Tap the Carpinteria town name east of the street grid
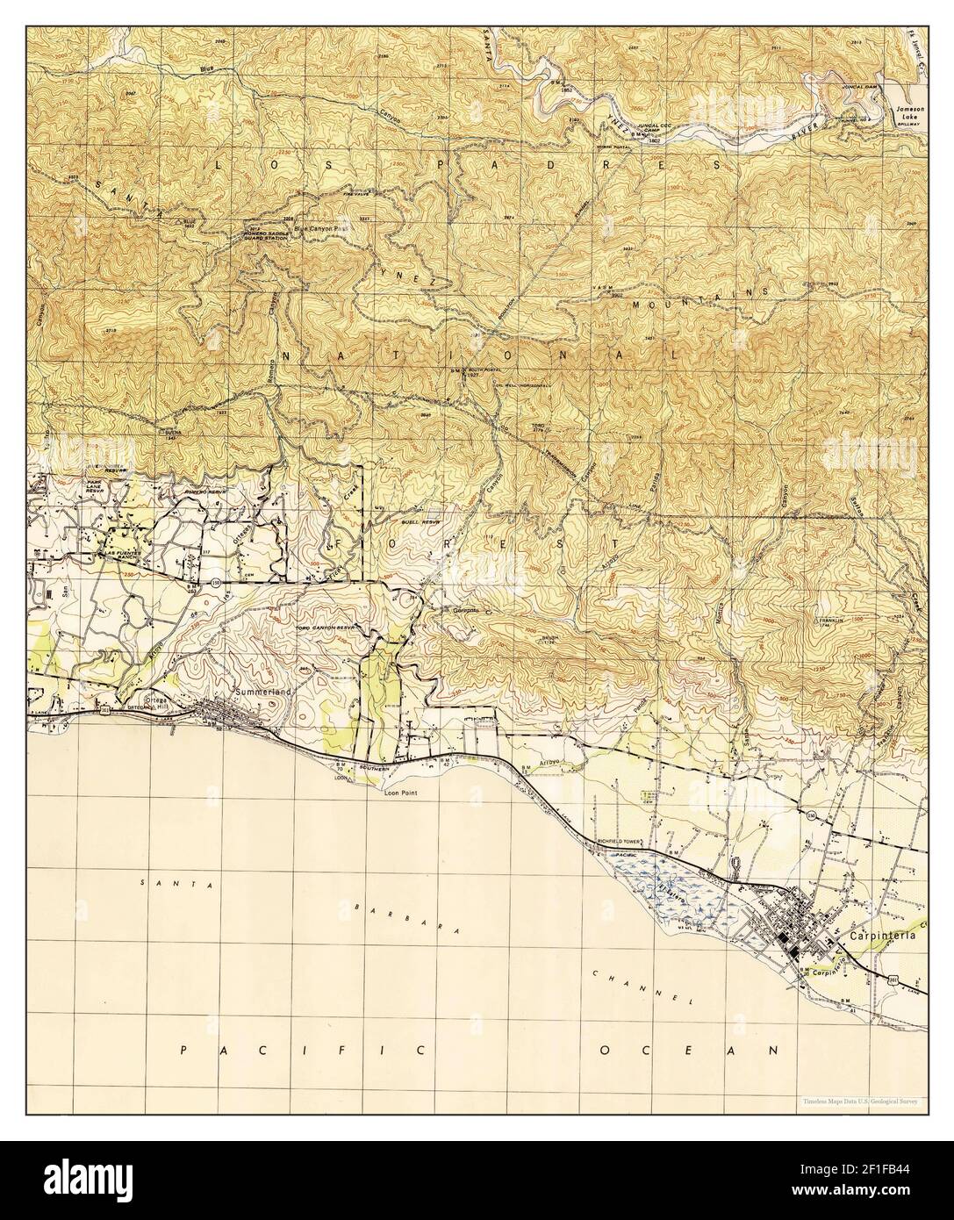click(x=887, y=936)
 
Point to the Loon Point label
click(x=405, y=792)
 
